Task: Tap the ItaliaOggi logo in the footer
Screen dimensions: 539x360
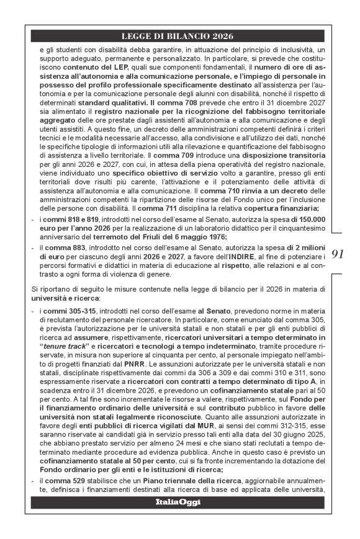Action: click(x=178, y=502)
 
